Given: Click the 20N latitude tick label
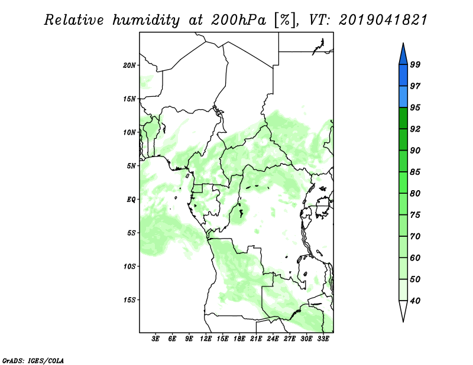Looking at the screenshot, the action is pyautogui.click(x=129, y=66).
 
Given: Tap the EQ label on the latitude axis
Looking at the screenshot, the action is pyautogui.click(x=131, y=200).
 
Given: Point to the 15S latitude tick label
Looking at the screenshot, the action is pyautogui.click(x=129, y=300).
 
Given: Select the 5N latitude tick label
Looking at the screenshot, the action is pyautogui.click(x=131, y=166).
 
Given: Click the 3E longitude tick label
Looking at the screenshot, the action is pyautogui.click(x=155, y=339).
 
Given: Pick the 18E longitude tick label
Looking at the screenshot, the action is pyautogui.click(x=239, y=339).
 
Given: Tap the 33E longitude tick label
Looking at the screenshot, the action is pyautogui.click(x=323, y=339).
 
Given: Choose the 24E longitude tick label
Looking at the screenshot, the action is pyautogui.click(x=273, y=339).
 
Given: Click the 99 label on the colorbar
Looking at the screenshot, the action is pyautogui.click(x=415, y=64).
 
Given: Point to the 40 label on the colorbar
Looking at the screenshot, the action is pyautogui.click(x=415, y=301).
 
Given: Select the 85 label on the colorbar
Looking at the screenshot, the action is pyautogui.click(x=415, y=172).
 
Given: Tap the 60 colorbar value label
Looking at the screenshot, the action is pyautogui.click(x=415, y=258).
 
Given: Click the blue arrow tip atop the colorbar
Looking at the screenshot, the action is pyautogui.click(x=403, y=44).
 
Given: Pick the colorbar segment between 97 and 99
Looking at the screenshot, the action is pyautogui.click(x=403, y=76).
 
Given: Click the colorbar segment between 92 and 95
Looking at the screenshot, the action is pyautogui.click(x=403, y=118).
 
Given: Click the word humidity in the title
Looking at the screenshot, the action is pyautogui.click(x=146, y=20).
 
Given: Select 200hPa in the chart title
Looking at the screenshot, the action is pyautogui.click(x=238, y=20).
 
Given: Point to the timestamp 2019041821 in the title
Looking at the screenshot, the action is pyautogui.click(x=383, y=20).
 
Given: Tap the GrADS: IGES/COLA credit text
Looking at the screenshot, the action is pyautogui.click(x=33, y=360).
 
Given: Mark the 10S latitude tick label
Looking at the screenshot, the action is pyautogui.click(x=129, y=266).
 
